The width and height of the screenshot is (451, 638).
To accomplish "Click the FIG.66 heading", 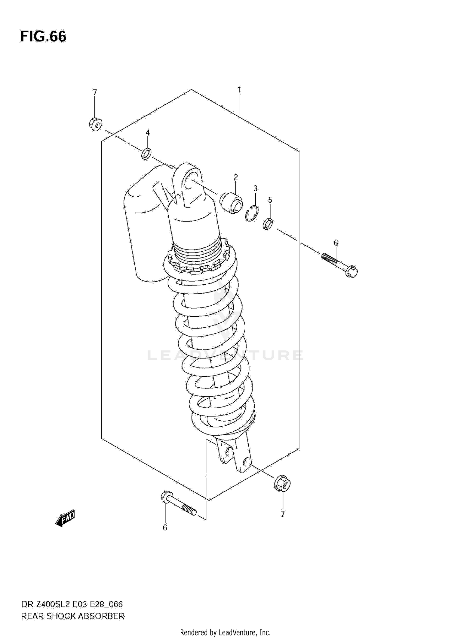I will tap(43, 37).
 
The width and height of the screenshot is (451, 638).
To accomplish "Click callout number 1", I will tap(239, 89).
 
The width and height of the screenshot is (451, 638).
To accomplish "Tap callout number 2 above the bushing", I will tap(235, 177).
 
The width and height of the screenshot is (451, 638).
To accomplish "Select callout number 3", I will tap(255, 189).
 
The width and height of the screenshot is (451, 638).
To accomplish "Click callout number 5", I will tap(270, 200).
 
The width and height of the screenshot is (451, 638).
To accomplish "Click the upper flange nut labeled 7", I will tap(96, 124).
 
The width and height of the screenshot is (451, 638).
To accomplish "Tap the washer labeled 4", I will tap(146, 154).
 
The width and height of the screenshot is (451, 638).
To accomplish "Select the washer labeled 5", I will tap(268, 224).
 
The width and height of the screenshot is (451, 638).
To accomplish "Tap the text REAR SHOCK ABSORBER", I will tap(73, 616).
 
